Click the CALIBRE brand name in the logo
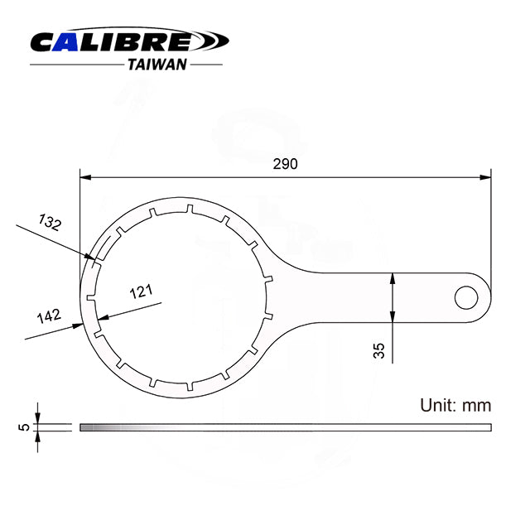[112, 43]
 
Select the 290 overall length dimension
[285, 163]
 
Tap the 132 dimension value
[51, 221]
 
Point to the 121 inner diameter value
[142, 291]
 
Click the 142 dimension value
[47, 316]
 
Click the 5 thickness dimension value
[25, 427]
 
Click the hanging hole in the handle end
[467, 295]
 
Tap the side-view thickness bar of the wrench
[285, 427]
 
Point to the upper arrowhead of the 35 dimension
[393, 280]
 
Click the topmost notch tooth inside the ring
[190, 209]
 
